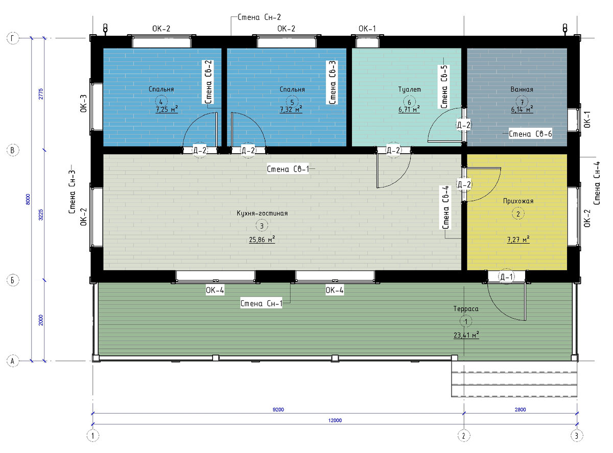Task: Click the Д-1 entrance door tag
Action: [507, 276]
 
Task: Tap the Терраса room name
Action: [466, 309]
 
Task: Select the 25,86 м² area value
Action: [262, 239]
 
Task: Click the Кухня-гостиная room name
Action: [262, 213]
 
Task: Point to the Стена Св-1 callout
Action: [288, 169]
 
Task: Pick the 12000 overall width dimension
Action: [335, 420]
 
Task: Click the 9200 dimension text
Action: [278, 409]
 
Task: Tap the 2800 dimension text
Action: [520, 409]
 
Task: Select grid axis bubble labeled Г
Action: [13, 38]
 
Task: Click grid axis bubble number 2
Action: [463, 436]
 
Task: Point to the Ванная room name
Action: [522, 89]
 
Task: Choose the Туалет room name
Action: [410, 89]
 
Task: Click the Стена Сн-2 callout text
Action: [259, 17]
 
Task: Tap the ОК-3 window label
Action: [83, 104]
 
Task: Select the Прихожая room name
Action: [518, 201]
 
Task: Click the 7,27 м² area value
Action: [518, 239]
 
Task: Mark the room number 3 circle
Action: [262, 226]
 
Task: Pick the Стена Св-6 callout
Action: [530, 134]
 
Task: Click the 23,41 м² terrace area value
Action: [466, 335]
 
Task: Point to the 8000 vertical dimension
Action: [28, 199]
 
